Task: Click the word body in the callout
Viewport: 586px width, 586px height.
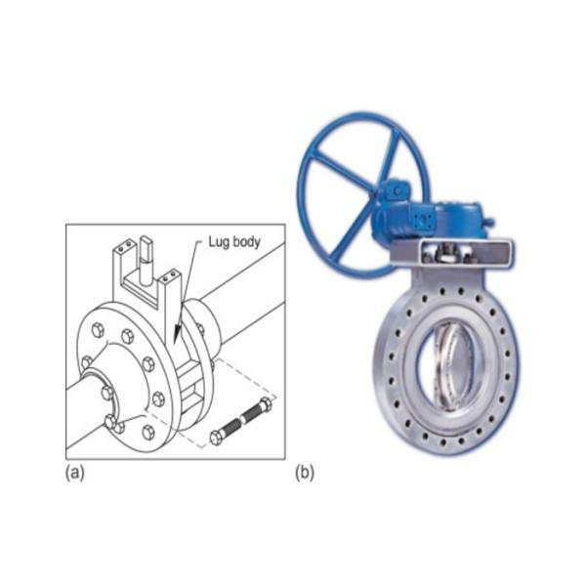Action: point(244,241)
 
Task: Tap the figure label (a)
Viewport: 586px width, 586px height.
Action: point(75,473)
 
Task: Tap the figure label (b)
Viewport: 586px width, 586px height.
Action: point(305,473)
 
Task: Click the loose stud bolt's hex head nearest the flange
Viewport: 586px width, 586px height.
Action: point(216,438)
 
